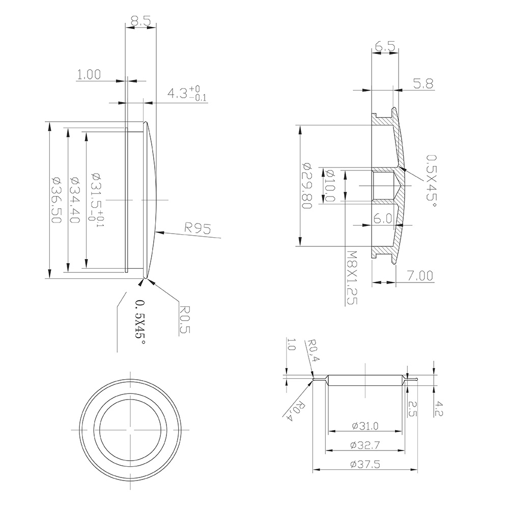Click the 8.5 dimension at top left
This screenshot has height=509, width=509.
[x=140, y=21]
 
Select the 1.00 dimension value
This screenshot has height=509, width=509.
[x=89, y=74]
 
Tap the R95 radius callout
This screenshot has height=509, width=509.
[x=199, y=229]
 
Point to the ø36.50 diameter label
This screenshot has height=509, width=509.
[x=56, y=200]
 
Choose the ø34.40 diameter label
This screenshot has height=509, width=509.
[x=74, y=200]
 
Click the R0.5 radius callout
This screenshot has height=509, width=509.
[x=185, y=319]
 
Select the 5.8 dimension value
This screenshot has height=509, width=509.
[x=423, y=84]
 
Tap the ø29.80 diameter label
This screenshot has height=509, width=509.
[x=306, y=185]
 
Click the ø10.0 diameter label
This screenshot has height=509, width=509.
[x=329, y=185]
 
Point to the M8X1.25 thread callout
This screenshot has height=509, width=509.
[x=351, y=277]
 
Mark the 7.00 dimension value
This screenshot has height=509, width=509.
[x=420, y=275]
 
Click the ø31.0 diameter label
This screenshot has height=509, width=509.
[x=364, y=426]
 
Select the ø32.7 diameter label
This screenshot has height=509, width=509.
[x=364, y=445]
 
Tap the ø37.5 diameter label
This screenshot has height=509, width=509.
[x=364, y=464]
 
